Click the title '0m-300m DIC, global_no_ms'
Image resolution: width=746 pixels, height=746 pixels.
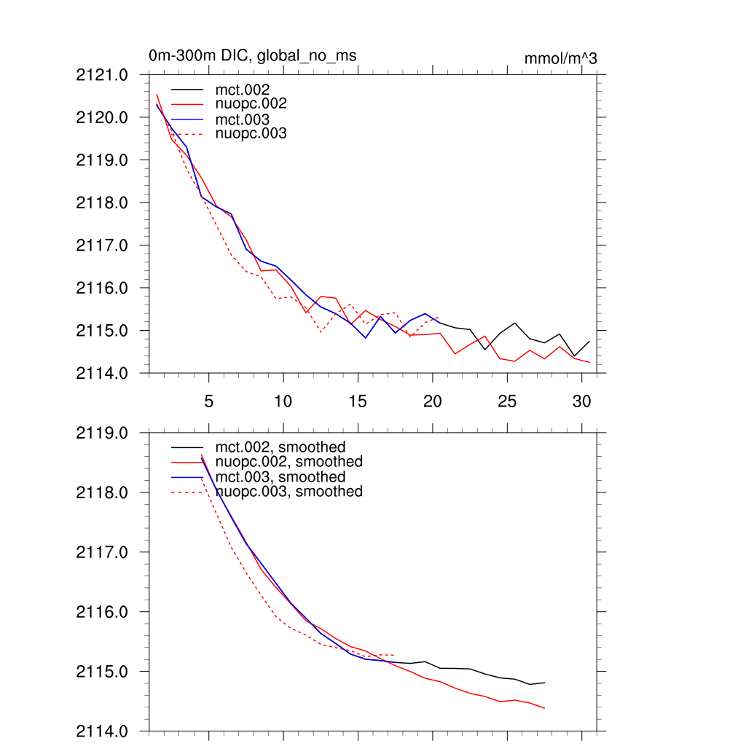pos(252,55)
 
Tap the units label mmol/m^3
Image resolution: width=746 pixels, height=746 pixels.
pos(560,58)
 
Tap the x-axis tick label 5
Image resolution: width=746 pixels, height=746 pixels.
pos(208,401)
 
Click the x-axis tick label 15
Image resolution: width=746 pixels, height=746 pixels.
pos(358,401)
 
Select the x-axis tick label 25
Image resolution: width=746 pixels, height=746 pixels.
pos(507,401)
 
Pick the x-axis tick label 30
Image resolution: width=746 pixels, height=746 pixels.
pos(581,401)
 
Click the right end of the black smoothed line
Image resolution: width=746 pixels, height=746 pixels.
pos(545,683)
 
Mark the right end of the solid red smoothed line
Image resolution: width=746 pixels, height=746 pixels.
pos(545,708)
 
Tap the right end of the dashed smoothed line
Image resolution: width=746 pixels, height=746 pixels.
pos(395,655)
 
